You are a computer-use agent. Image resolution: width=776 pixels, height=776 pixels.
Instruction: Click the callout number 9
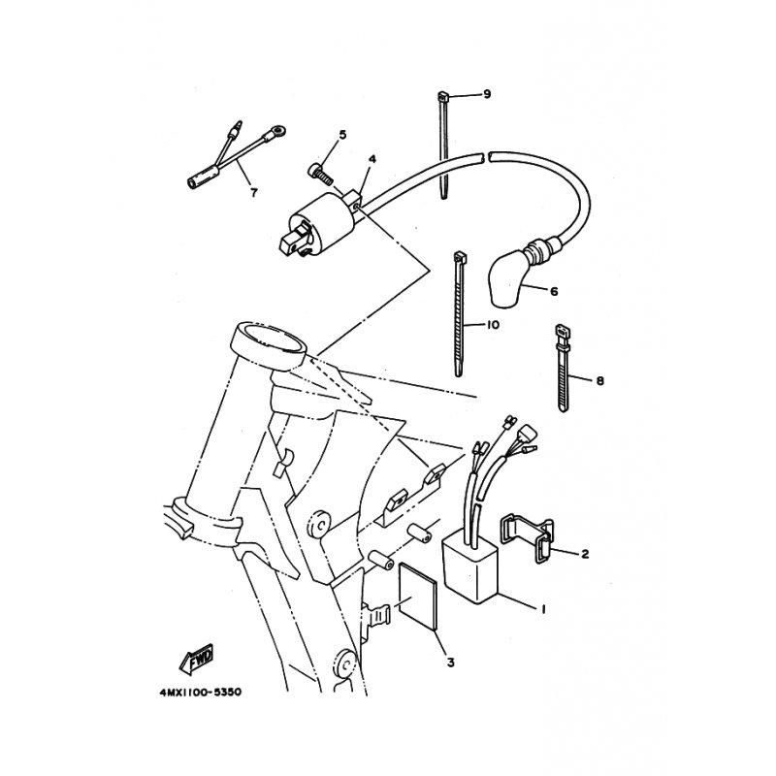click(487, 94)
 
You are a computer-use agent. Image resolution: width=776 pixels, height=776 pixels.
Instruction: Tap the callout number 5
click(342, 135)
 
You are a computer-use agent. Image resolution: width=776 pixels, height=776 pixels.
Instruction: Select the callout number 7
click(254, 192)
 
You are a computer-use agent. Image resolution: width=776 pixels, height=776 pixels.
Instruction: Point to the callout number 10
click(493, 325)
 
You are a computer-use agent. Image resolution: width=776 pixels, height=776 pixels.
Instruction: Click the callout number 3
click(450, 663)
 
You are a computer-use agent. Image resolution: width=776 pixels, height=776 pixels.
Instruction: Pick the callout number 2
click(585, 554)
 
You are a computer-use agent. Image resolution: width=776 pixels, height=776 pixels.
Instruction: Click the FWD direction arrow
click(197, 659)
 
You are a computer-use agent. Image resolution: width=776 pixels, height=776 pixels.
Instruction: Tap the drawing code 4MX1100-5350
click(201, 693)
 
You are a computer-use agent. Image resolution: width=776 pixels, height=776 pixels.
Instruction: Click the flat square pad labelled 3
click(419, 597)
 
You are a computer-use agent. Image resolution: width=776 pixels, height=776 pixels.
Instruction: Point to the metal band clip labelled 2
click(527, 539)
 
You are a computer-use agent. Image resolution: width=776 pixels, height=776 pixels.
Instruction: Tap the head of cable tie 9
click(443, 94)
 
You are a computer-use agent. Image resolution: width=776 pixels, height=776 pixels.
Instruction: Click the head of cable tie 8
click(562, 330)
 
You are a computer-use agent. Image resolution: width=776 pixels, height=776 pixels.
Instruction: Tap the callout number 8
click(600, 381)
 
